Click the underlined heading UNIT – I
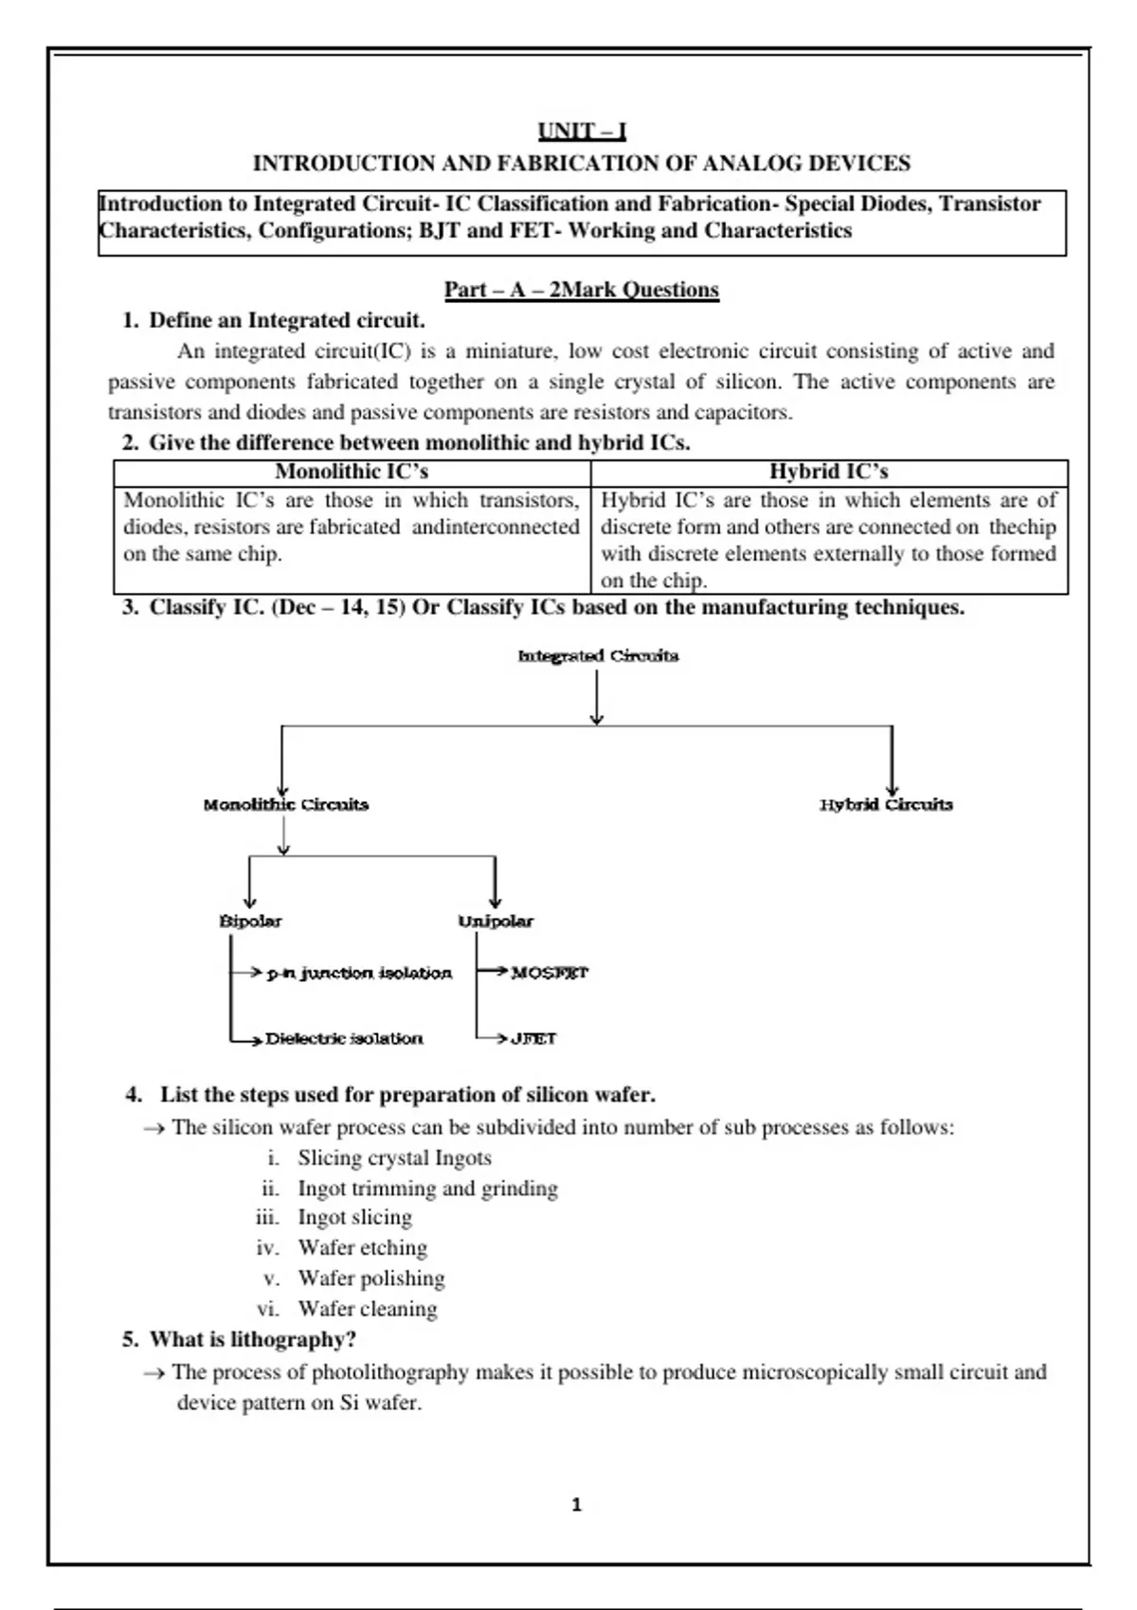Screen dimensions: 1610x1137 coord(582,131)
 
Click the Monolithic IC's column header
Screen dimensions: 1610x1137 coord(352,472)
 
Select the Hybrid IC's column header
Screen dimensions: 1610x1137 coord(828,472)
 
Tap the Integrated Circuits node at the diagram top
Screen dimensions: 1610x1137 coord(598,655)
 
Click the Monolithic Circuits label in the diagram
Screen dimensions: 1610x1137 coord(286,805)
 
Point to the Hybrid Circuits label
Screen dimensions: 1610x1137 coord(886,805)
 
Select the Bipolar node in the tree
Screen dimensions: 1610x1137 coord(250,921)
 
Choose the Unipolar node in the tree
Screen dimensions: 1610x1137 coord(496,921)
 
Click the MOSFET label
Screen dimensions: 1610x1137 coord(550,973)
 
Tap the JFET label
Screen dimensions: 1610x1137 coord(533,1039)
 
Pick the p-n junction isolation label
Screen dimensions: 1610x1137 coord(359,973)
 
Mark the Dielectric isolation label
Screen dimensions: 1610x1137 coord(344,1039)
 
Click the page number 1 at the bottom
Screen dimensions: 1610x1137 coord(577,1505)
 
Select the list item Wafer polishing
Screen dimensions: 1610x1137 coord(370,1279)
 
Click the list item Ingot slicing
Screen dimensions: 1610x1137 coord(354,1218)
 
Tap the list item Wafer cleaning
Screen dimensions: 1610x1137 coord(368,1309)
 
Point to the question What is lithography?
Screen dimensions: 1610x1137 coord(252,1340)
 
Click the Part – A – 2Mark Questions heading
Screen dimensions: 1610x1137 coord(582,290)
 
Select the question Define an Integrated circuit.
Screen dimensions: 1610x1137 coord(286,320)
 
